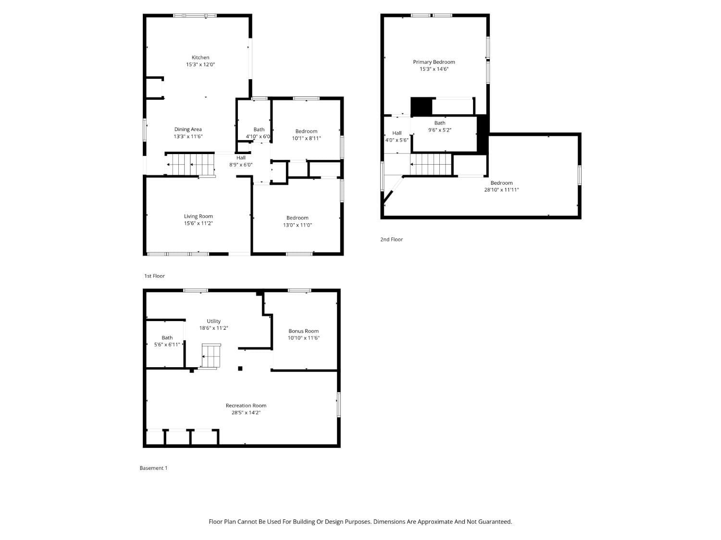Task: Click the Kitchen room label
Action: coord(200,58)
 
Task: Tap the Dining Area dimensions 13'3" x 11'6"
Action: coord(188,136)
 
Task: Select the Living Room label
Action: coord(198,216)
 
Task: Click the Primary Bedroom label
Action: coord(434,62)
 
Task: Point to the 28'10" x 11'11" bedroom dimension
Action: coord(501,190)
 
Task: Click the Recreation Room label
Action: coord(246,406)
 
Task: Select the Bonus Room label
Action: coord(303,331)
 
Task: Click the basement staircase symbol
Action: coord(211,356)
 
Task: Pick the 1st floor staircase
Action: coord(190,165)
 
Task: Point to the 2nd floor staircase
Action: coord(431,165)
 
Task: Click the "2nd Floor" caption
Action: coord(391,240)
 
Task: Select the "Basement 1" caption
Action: coord(153,468)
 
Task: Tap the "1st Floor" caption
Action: coord(154,276)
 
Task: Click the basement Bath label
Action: coord(167,338)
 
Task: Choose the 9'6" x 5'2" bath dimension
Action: coord(439,130)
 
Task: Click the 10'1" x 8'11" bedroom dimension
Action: coord(306,138)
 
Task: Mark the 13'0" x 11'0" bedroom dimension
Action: coord(297,225)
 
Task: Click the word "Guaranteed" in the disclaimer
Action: coord(495,522)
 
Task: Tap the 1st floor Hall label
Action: coord(241,158)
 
